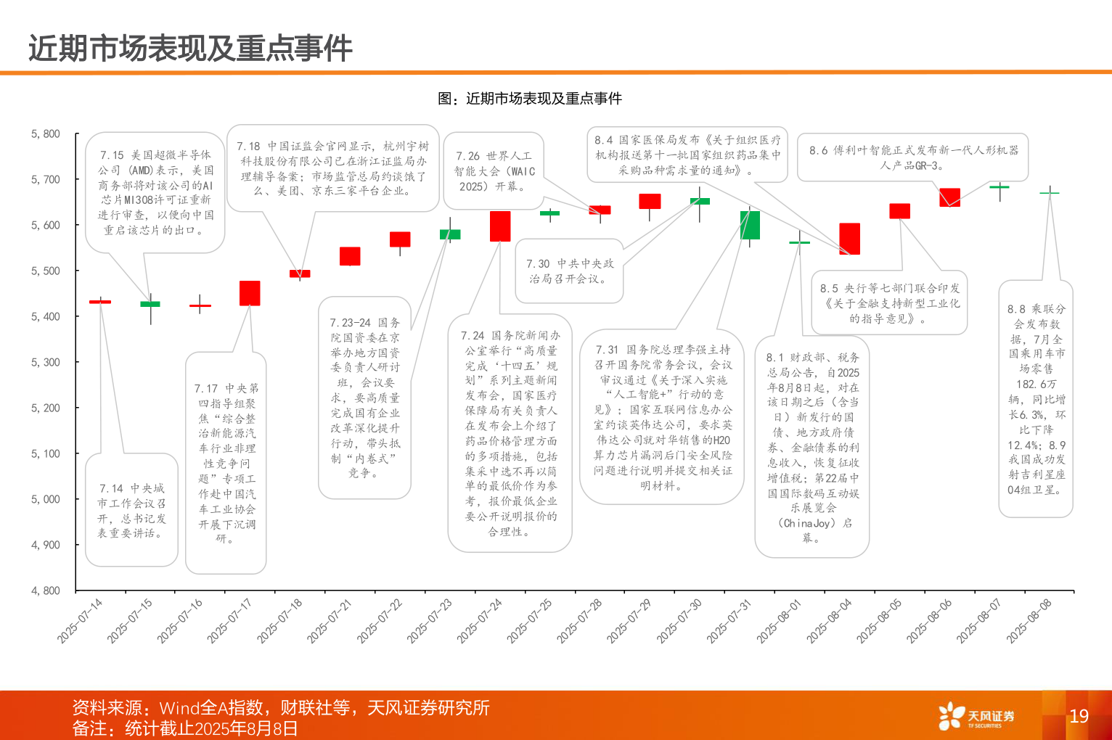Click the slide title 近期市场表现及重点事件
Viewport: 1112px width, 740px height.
click(190, 49)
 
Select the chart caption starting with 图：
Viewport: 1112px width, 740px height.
click(530, 99)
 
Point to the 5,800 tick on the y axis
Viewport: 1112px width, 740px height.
click(46, 134)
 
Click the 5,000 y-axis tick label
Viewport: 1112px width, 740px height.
click(46, 499)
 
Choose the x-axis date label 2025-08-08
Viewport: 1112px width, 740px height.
click(1029, 620)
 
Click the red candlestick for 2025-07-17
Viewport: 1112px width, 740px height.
click(250, 293)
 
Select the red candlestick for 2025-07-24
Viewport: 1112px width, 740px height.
click(500, 226)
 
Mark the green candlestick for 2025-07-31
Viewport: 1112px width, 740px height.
click(750, 225)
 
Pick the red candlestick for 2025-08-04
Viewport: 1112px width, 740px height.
click(849, 239)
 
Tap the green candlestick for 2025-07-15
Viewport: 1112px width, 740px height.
click(150, 304)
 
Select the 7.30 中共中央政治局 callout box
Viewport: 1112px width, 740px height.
click(570, 271)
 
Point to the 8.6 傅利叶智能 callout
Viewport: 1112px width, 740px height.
click(913, 157)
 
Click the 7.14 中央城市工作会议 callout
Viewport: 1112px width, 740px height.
click(131, 510)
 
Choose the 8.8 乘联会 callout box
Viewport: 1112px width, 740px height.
click(1036, 399)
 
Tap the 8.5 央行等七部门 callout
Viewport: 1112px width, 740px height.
click(889, 303)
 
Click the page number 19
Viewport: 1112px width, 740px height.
click(1079, 716)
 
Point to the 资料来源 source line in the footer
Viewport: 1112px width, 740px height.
click(281, 707)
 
